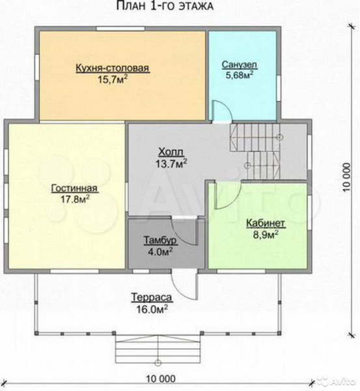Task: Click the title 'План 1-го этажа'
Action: (x=165, y=6)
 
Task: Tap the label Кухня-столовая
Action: (x=113, y=68)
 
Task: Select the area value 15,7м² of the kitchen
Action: (x=113, y=80)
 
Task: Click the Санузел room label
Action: (x=240, y=65)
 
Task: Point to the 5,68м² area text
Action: (x=240, y=74)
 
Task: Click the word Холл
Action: (x=171, y=152)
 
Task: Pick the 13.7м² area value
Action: (x=171, y=163)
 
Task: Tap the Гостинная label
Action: (x=74, y=188)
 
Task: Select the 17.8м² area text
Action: (x=76, y=199)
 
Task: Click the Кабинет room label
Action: (x=266, y=223)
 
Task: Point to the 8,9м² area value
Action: (x=266, y=235)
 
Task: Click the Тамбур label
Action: (x=160, y=240)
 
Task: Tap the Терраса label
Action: (x=152, y=298)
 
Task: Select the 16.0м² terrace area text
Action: (x=152, y=309)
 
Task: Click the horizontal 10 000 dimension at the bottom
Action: (x=161, y=379)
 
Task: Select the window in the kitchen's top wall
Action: (x=120, y=29)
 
